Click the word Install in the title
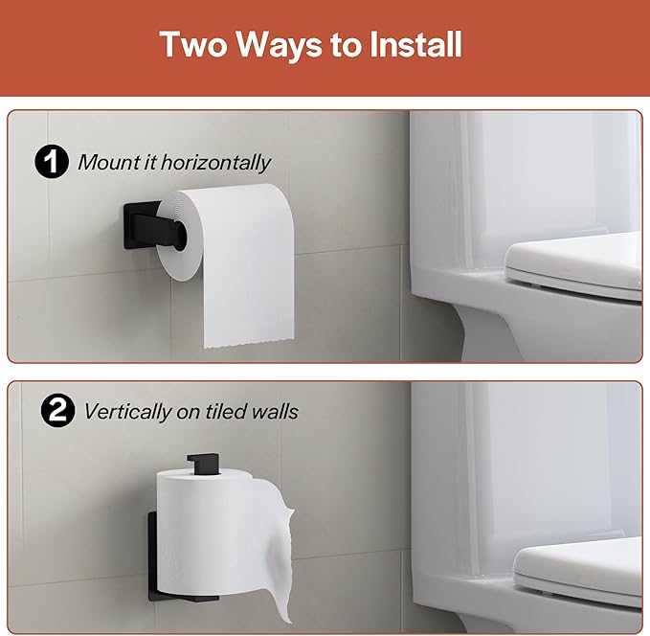[x=415, y=44]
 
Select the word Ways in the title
[x=279, y=45]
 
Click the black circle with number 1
[x=52, y=162]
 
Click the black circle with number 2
[x=58, y=410]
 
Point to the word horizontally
[x=215, y=162]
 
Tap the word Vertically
[x=127, y=412]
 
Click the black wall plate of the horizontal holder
[x=140, y=225]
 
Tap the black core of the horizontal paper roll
[x=180, y=236]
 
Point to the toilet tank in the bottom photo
[x=525, y=477]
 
